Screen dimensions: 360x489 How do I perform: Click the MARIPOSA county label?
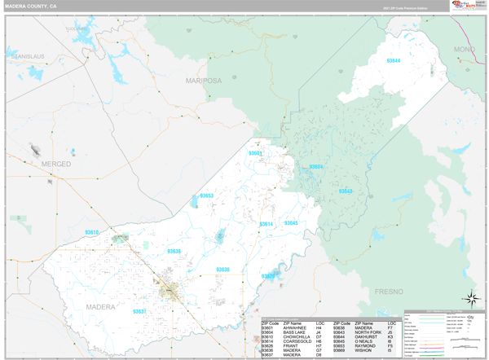pyautogui.click(x=204, y=81)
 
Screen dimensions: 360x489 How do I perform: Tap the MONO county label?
pyautogui.click(x=464, y=50)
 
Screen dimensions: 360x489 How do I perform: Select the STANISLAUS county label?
pyautogui.click(x=26, y=56)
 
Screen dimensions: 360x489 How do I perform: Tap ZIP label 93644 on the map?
pyautogui.click(x=394, y=61)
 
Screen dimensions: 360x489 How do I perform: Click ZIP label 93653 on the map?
pyautogui.click(x=207, y=195)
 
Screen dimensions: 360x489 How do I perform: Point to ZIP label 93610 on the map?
pyautogui.click(x=91, y=232)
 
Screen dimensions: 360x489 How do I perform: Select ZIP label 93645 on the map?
pyautogui.click(x=290, y=223)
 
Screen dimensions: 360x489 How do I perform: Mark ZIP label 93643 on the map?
pyautogui.click(x=346, y=191)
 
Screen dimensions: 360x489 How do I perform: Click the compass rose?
pyautogui.click(x=470, y=299)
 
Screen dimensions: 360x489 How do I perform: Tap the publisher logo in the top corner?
pyautogui.click(x=466, y=6)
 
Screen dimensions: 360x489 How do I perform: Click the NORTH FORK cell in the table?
pyautogui.click(x=368, y=332)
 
